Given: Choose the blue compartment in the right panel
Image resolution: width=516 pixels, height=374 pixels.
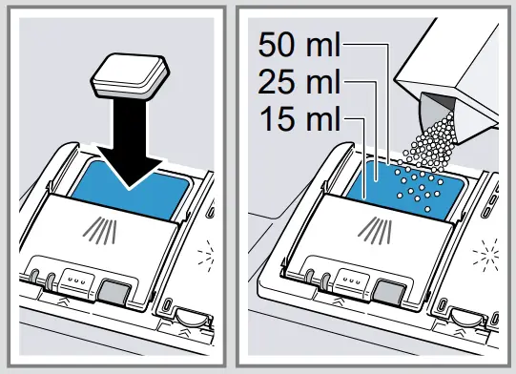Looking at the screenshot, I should (x=382, y=181).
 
